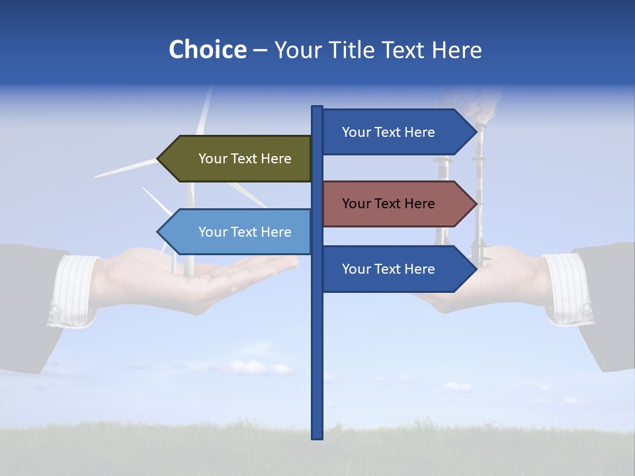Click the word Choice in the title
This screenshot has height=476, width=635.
tap(207, 50)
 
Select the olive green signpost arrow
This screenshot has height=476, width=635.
tap(238, 159)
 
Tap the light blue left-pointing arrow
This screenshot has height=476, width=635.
tap(238, 232)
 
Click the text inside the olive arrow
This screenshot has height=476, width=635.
tap(245, 159)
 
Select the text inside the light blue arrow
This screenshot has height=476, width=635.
tap(245, 232)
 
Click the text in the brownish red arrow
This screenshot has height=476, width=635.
tap(388, 204)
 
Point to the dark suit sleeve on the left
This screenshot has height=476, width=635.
tap(26, 304)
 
